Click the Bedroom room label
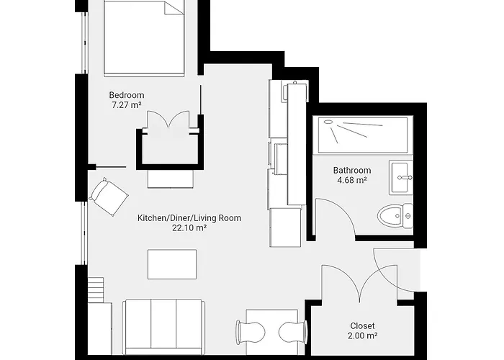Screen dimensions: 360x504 click(127, 95)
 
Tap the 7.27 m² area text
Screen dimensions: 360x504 click(127, 106)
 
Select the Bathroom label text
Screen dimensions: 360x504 click(352, 171)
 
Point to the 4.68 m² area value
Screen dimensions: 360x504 click(352, 181)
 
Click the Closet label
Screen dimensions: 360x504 click(362, 326)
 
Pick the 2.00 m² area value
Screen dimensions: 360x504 click(362, 336)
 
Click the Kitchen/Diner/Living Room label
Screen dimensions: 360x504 click(189, 217)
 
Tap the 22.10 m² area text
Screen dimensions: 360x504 click(189, 228)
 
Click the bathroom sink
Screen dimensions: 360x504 click(401, 177)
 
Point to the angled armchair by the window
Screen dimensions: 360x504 click(109, 196)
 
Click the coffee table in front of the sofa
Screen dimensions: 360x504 click(172, 264)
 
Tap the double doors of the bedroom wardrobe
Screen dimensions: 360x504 click(168, 122)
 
